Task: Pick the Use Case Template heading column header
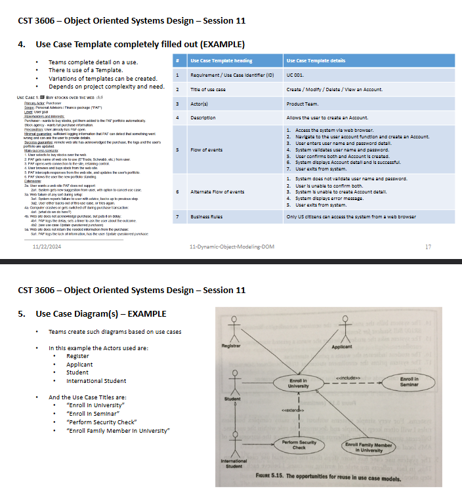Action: [221, 61]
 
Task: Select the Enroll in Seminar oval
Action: [413, 382]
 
